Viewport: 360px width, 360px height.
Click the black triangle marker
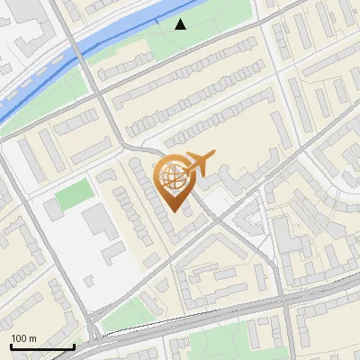(x=181, y=23)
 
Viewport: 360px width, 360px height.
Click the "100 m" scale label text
(x=24, y=338)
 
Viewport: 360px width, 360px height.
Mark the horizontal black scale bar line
(x=42, y=347)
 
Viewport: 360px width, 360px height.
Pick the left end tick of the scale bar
(x=12, y=346)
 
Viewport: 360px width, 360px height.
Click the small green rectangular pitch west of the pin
(x=75, y=193)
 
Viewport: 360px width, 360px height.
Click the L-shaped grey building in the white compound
(x=113, y=253)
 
